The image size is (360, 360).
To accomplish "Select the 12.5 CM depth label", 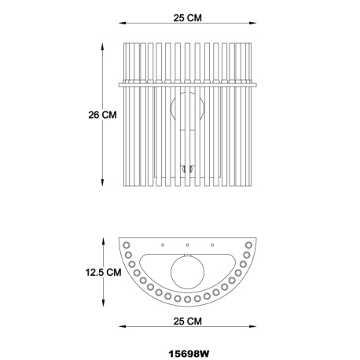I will [x=104, y=273].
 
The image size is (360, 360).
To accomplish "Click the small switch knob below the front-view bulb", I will [x=187, y=167].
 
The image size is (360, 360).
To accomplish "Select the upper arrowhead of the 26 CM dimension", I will [x=104, y=45].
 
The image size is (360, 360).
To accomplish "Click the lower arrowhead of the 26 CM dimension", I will [x=104, y=186].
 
